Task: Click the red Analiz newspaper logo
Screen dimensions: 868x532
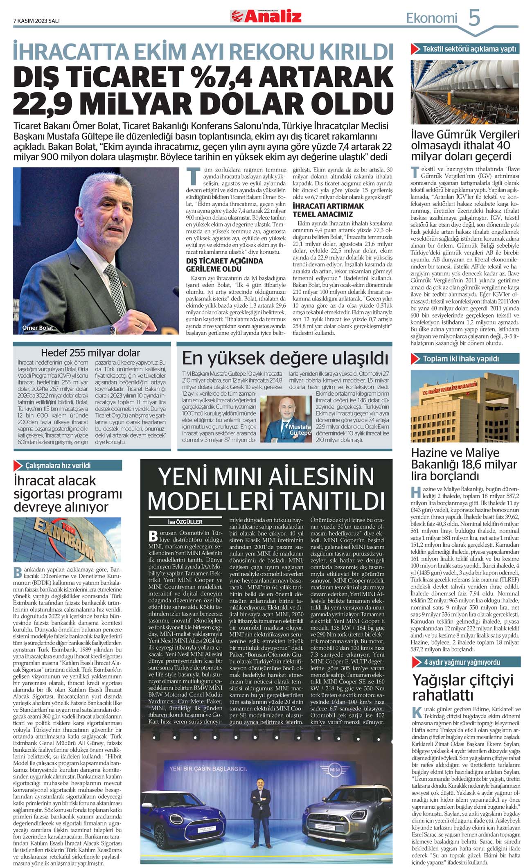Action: [266, 16]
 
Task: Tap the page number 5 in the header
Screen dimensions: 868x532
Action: [474, 18]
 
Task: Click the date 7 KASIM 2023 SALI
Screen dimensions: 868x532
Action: [36, 21]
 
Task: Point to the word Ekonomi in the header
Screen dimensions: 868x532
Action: [431, 18]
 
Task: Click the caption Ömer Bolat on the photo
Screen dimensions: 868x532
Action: [38, 328]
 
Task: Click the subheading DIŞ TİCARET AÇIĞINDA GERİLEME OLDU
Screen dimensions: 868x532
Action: [224, 265]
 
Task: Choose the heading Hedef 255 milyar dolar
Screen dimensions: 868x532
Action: [90, 353]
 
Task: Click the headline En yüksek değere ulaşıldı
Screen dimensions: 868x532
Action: [285, 358]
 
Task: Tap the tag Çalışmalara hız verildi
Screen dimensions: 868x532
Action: [58, 465]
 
